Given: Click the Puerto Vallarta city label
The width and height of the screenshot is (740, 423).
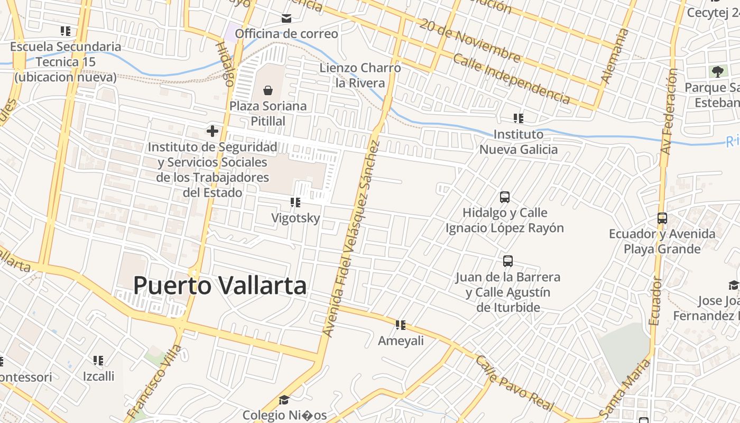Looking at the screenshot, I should click(219, 286).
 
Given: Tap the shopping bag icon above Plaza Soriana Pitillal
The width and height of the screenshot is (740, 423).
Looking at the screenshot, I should click(268, 90).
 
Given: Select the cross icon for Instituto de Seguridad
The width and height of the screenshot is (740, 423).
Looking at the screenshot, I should click(212, 131).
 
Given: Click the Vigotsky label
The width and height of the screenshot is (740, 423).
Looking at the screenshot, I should click(295, 218).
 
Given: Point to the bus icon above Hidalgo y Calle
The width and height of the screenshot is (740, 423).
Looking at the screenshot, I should click(505, 197).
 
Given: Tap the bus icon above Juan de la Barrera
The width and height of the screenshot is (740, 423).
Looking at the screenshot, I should click(508, 261).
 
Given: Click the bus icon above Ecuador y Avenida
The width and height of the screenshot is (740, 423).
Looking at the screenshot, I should click(662, 218).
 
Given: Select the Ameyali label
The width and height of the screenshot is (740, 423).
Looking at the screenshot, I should click(401, 341).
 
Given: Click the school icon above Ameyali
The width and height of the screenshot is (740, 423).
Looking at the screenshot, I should click(401, 325).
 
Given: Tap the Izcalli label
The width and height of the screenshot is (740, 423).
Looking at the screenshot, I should click(98, 376).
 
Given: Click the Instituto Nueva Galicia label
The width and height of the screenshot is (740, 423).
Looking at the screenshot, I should click(518, 142).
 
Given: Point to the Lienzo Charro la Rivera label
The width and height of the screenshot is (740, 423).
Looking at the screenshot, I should click(360, 76).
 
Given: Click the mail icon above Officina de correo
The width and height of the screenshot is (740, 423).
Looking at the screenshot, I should click(286, 19).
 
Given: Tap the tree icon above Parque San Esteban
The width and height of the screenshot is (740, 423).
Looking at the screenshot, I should click(717, 71).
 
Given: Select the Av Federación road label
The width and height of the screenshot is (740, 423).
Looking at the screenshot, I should click(669, 111).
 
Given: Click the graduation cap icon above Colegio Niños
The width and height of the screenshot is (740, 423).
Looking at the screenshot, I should click(284, 400).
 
